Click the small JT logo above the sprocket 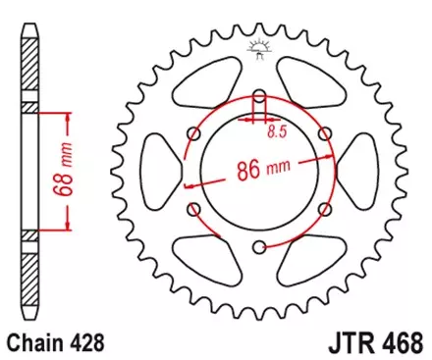(x=260, y=45)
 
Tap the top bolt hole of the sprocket (x=259, y=97)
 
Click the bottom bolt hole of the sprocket (x=259, y=247)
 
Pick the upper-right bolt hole (x=325, y=134)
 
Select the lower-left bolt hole (x=194, y=210)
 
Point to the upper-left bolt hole (x=194, y=134)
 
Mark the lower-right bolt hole (x=325, y=210)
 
